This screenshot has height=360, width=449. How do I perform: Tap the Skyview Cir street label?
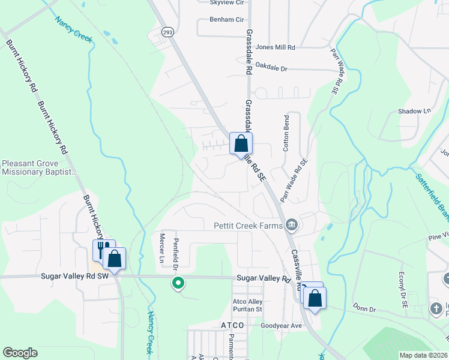click(226, 3)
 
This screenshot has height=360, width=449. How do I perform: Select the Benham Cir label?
click(225, 19)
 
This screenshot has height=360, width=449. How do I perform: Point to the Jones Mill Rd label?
click(276, 47)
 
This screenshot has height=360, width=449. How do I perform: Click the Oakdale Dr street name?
click(271, 68)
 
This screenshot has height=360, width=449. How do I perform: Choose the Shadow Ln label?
click(415, 111)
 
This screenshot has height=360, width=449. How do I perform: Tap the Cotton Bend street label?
click(286, 133)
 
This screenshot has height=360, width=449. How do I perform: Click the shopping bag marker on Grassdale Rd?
click(241, 144)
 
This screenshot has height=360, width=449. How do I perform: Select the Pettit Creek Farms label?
click(248, 226)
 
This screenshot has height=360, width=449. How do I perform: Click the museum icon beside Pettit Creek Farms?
click(292, 226)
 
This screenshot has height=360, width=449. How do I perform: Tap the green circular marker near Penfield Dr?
click(178, 282)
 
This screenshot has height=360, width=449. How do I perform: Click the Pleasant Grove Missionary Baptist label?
click(40, 167)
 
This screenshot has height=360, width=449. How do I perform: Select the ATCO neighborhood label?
click(232, 325)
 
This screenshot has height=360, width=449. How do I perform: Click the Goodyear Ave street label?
click(280, 325)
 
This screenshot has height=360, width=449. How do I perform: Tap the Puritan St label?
click(248, 310)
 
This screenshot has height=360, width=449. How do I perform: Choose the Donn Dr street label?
click(364, 310)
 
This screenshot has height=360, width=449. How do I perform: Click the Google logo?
click(20, 353)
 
